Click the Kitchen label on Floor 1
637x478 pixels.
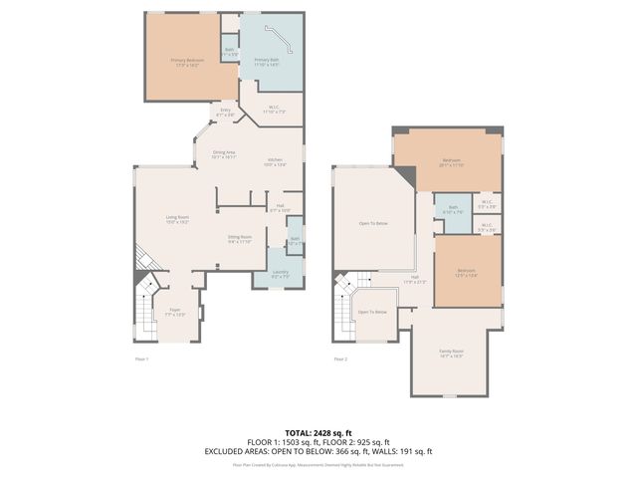point(275,161)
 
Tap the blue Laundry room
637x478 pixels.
point(280,273)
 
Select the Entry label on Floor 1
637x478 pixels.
point(225,112)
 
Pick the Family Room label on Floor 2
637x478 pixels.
point(452,353)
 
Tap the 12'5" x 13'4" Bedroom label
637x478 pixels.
point(466,272)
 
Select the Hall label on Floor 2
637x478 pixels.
point(414,279)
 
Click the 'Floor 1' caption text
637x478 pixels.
point(141,359)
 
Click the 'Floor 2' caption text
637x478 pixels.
point(340,359)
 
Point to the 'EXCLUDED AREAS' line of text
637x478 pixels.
point(318,451)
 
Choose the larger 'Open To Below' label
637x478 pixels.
point(373,223)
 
